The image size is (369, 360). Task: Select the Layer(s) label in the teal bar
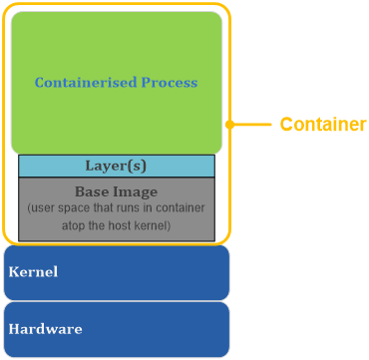tap(116, 167)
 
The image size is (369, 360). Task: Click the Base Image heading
tap(116, 190)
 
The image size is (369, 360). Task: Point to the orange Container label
tap(323, 125)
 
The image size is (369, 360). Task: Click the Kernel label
tap(33, 271)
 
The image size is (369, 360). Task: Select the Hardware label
tap(45, 328)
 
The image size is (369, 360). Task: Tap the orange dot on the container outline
tap(230, 125)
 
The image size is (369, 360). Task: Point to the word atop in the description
tap(82, 226)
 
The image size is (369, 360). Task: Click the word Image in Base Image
tap(137, 190)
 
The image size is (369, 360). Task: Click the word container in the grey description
tap(180, 209)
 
